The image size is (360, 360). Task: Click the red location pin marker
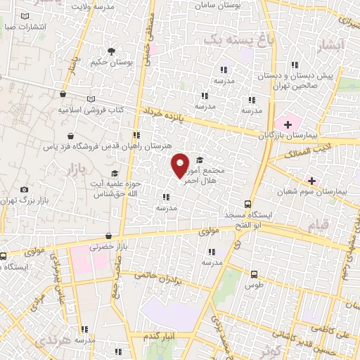181,165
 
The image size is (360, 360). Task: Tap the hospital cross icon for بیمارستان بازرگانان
288,124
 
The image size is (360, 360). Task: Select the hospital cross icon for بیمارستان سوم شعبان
312,181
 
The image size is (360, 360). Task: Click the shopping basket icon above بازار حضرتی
108,236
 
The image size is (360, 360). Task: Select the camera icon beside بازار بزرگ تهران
25,190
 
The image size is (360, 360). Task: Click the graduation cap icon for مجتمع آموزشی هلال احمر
200,160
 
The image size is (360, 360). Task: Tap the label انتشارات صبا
25,27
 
